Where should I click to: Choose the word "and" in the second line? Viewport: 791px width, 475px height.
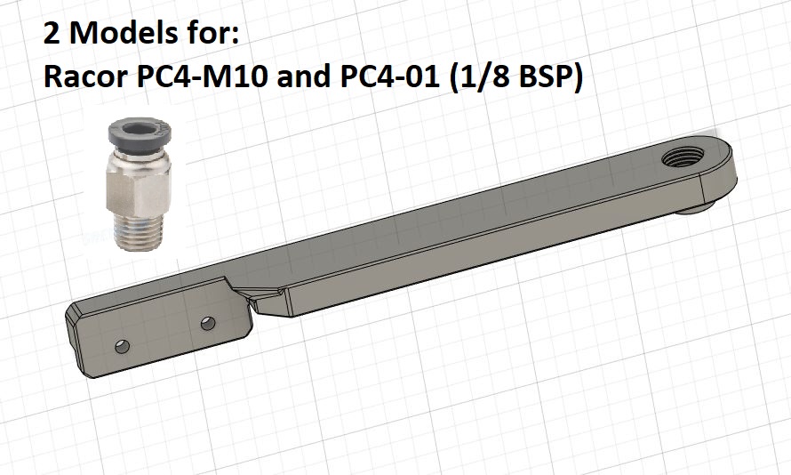tap(305, 77)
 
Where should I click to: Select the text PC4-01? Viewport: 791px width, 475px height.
tap(389, 77)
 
